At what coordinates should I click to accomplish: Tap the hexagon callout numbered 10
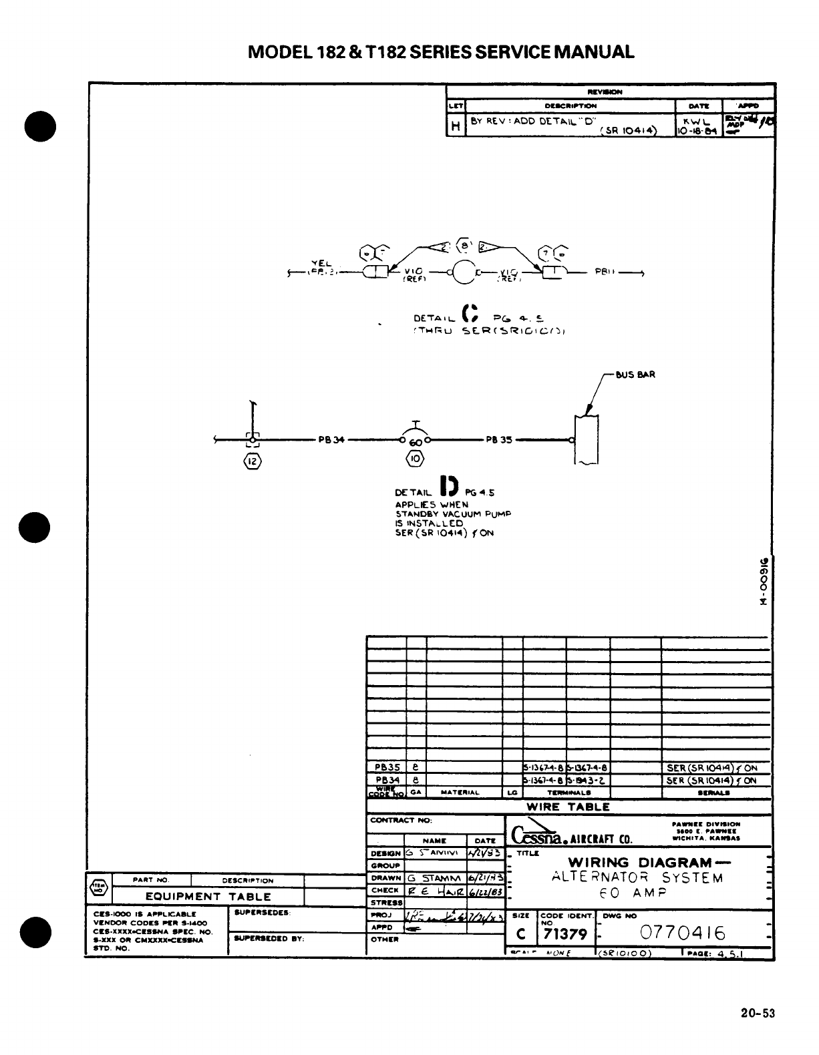coord(415,459)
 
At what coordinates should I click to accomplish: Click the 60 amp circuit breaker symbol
coord(416,440)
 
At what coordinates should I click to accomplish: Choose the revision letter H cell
coord(456,125)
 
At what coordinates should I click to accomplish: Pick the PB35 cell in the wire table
coord(387,768)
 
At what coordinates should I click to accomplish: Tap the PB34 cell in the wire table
coord(387,780)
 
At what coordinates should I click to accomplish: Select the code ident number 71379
coord(565,933)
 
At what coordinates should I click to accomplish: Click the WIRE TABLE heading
coord(568,807)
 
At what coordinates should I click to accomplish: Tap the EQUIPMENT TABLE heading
coord(208,897)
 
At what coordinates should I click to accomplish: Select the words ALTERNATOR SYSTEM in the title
coord(637,877)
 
